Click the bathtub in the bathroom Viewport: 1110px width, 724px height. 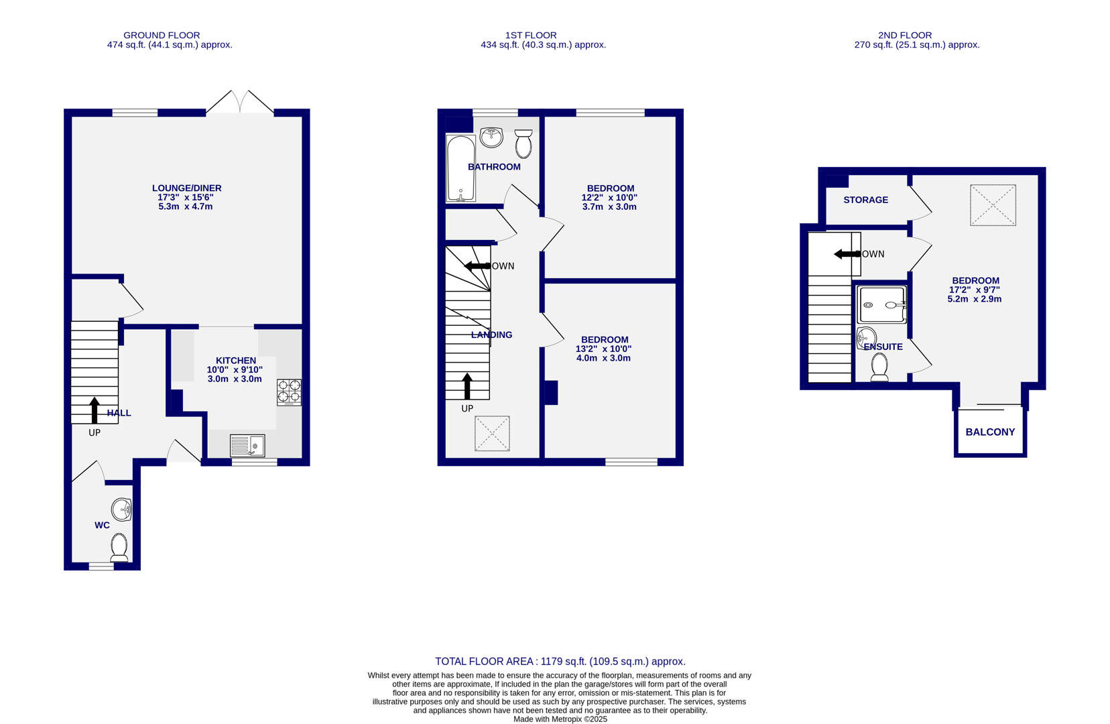click(460, 168)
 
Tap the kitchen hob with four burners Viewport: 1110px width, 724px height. click(289, 392)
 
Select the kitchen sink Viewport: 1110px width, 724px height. click(247, 446)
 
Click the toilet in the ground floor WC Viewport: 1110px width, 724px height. click(119, 547)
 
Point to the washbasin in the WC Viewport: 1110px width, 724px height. click(122, 509)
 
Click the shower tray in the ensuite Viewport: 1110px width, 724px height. click(882, 305)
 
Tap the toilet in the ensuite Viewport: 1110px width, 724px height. click(879, 367)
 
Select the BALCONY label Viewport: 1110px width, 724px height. click(990, 432)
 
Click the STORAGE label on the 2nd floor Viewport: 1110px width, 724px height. click(865, 200)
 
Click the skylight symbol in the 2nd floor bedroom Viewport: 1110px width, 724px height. click(993, 205)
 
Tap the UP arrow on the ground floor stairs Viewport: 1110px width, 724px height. click(95, 410)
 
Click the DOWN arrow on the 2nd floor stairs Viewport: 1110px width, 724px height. click(847, 254)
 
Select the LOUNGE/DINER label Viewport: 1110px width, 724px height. click(186, 188)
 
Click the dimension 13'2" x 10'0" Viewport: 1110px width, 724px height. click(603, 349)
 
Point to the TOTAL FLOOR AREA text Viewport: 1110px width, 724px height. click(560, 662)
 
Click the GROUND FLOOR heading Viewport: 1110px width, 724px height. click(162, 35)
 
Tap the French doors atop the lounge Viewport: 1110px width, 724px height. click(240, 103)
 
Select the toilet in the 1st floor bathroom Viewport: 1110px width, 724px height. click(523, 143)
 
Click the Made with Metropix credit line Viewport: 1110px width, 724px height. click(560, 719)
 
